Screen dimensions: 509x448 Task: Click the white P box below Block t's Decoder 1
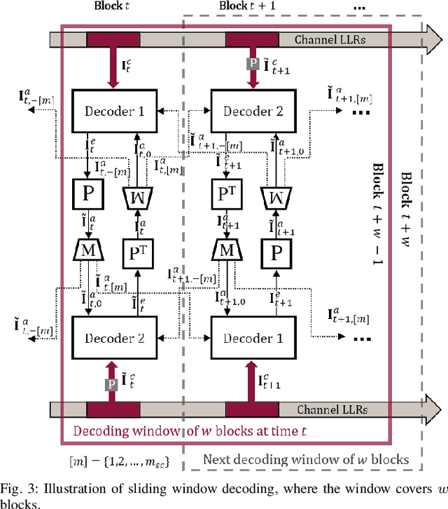pyautogui.click(x=87, y=194)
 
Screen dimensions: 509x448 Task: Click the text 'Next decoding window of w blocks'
pyautogui.click(x=305, y=460)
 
